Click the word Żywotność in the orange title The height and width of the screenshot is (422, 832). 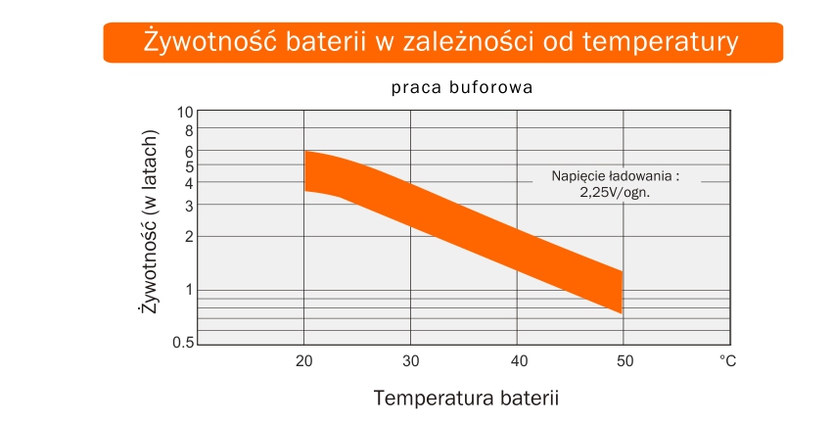point(209,41)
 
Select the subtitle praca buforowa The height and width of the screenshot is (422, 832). point(462,87)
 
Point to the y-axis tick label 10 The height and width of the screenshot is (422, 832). point(185,113)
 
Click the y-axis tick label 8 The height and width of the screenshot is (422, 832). point(189,130)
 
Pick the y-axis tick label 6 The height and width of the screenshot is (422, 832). point(189,152)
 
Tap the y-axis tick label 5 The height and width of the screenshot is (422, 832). point(189,166)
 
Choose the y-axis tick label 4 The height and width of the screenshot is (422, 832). point(189,182)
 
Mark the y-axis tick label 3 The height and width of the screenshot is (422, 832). point(189,206)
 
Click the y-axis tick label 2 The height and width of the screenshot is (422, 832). point(189,237)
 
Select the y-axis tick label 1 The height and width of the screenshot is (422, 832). point(188,290)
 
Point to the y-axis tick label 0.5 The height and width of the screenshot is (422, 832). point(183,343)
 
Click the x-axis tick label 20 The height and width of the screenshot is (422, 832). point(304,361)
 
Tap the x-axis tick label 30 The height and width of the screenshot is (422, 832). point(411,361)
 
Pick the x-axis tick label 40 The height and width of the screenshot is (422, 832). point(519,361)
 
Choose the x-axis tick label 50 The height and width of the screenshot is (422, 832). point(624,361)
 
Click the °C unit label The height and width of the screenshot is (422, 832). point(728,361)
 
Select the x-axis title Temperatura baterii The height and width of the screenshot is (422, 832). point(466,398)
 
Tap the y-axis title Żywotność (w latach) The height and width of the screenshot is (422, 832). point(150,221)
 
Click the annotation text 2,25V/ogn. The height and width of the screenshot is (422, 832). point(615,193)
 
